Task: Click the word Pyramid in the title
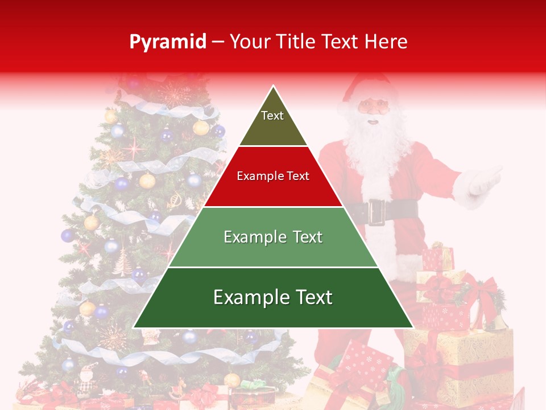pyautogui.click(x=168, y=42)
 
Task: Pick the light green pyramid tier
pyautogui.click(x=273, y=237)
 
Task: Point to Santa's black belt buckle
pyautogui.click(x=376, y=211)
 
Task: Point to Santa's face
pyautogui.click(x=373, y=108)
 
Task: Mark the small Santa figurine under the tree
pyautogui.click(x=86, y=379)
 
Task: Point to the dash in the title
pyautogui.click(x=218, y=42)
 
